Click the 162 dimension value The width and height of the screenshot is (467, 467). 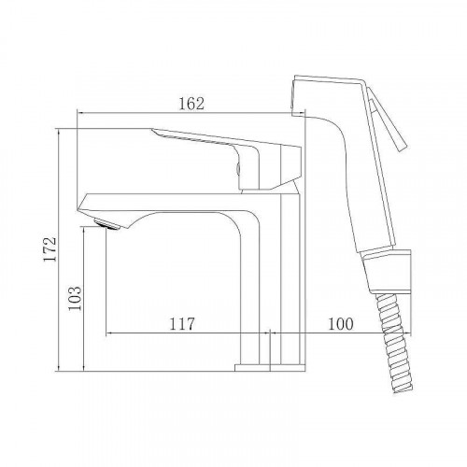coord(191,104)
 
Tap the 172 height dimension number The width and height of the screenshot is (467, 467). coord(50,249)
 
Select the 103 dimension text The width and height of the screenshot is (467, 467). coord(75,298)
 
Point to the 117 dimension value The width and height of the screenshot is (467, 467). coord(182,324)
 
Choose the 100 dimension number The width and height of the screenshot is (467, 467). coord(341,324)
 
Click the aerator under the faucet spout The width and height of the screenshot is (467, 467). coord(106,224)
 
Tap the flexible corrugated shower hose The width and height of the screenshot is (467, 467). coord(394,343)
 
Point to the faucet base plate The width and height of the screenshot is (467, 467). coord(270,368)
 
